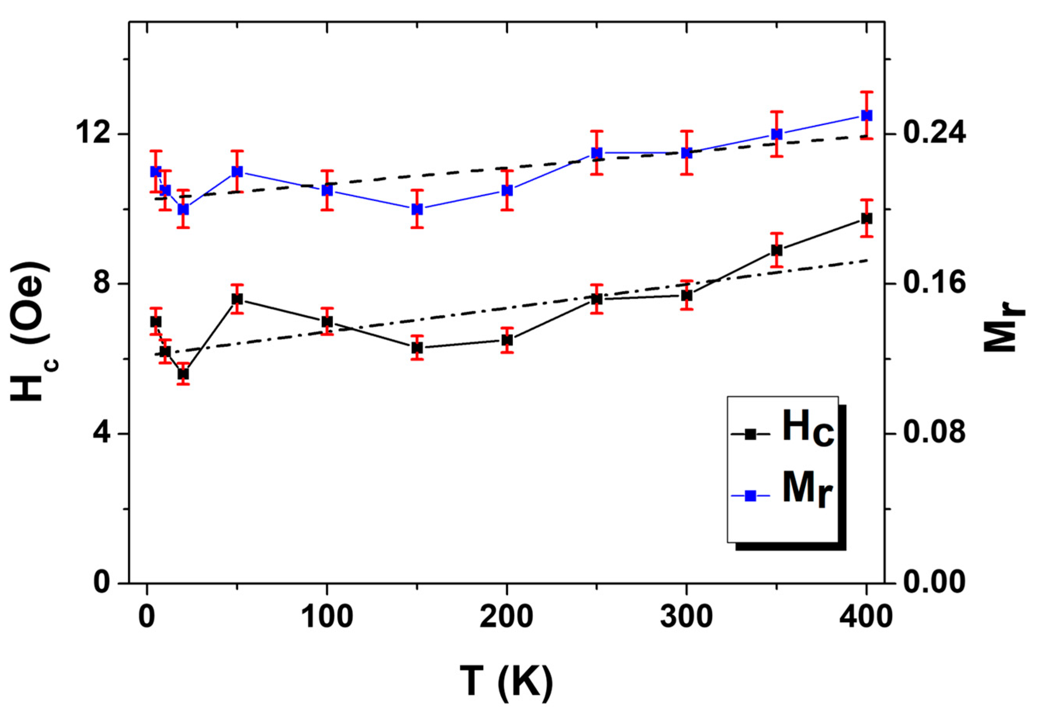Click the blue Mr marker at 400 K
[866, 115]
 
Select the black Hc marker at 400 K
[866, 218]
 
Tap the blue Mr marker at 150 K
[417, 209]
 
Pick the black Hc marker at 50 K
[237, 299]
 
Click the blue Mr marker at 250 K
[596, 153]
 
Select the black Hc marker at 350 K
[776, 250]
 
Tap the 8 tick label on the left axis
[104, 284]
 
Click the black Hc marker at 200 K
[507, 340]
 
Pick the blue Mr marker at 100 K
[327, 190]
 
